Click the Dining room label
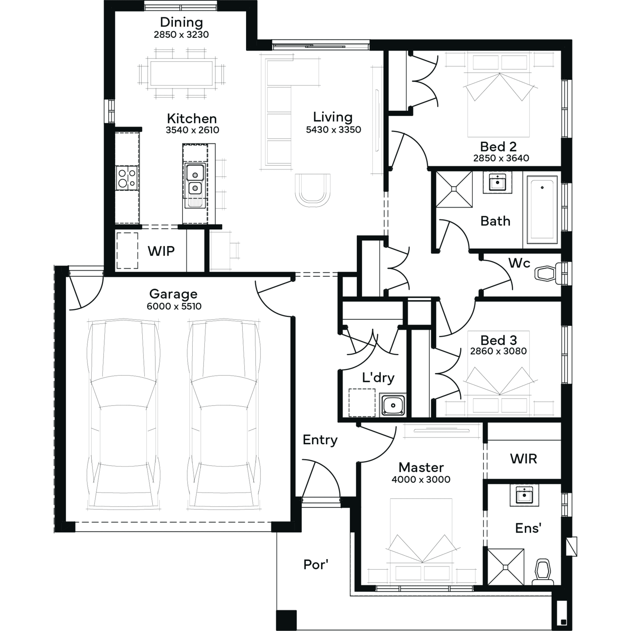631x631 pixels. point(181,22)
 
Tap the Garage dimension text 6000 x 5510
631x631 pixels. point(174,306)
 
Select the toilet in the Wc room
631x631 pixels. point(549,273)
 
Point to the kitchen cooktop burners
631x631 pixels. point(127,178)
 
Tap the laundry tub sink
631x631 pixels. point(392,405)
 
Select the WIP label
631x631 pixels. point(161,251)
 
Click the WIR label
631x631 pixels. point(524,459)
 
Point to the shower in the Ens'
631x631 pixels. point(506,566)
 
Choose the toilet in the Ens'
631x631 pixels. point(543,572)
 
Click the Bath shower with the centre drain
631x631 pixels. point(454,189)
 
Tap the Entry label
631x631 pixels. point(320,440)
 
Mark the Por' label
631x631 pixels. point(315,565)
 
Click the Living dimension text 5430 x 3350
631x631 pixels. point(334,130)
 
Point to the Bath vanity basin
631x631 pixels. point(498,182)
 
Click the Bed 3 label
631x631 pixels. point(498,340)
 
